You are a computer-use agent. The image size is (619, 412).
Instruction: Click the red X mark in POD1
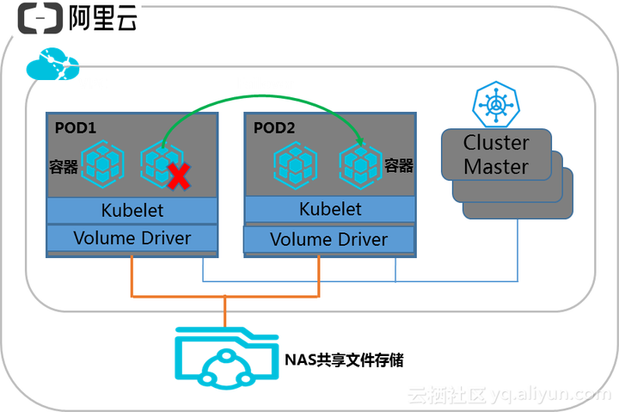pyautogui.click(x=178, y=177)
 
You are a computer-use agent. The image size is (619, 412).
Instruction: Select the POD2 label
pyautogui.click(x=274, y=127)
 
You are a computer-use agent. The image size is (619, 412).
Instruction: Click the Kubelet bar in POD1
pyautogui.click(x=132, y=210)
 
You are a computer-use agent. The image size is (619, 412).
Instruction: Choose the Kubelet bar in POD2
pyautogui.click(x=330, y=209)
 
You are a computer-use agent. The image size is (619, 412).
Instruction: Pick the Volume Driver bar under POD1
pyautogui.click(x=132, y=237)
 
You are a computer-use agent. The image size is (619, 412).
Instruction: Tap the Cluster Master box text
pyautogui.click(x=496, y=155)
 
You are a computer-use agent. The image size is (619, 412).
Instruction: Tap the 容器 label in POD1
pyautogui.click(x=64, y=167)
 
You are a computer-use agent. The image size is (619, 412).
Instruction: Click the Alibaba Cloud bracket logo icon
pyautogui.click(x=39, y=18)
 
